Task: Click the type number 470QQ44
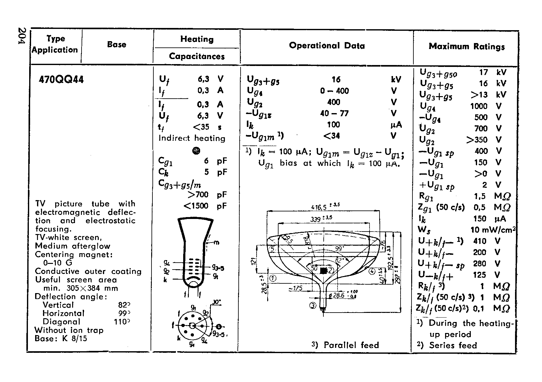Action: pos(61,80)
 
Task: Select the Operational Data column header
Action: pos(327,46)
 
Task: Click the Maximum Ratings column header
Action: pos(466,47)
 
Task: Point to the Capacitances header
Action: pos(197,57)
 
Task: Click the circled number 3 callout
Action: pos(313,305)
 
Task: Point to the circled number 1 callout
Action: pos(273,278)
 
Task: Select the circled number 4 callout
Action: pos(372,271)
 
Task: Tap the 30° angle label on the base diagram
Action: pos(217,302)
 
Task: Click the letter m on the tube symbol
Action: pos(217,243)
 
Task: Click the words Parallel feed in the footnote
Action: pos(351,345)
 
